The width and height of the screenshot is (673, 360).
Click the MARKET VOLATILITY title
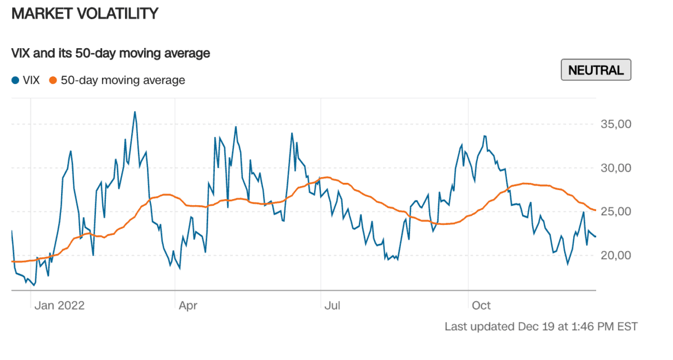[x=85, y=13]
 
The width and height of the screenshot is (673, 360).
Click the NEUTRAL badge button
[x=596, y=70]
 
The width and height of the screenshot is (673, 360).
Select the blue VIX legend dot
[x=15, y=80]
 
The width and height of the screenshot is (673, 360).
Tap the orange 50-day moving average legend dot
[x=53, y=80]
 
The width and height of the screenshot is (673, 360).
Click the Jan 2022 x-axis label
[x=59, y=306]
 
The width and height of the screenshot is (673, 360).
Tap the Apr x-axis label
[x=188, y=306]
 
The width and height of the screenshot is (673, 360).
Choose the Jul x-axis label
[x=333, y=306]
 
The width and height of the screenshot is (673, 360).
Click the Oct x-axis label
[x=481, y=306]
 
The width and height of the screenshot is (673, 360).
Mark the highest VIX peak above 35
[x=135, y=112]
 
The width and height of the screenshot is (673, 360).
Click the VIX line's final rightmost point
[x=595, y=237]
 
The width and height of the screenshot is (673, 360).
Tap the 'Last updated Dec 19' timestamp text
[x=541, y=326]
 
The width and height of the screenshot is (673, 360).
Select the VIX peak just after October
[x=485, y=136]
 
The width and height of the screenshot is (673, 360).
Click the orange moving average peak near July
[x=326, y=177]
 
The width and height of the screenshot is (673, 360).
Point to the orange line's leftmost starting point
[x=12, y=261]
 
